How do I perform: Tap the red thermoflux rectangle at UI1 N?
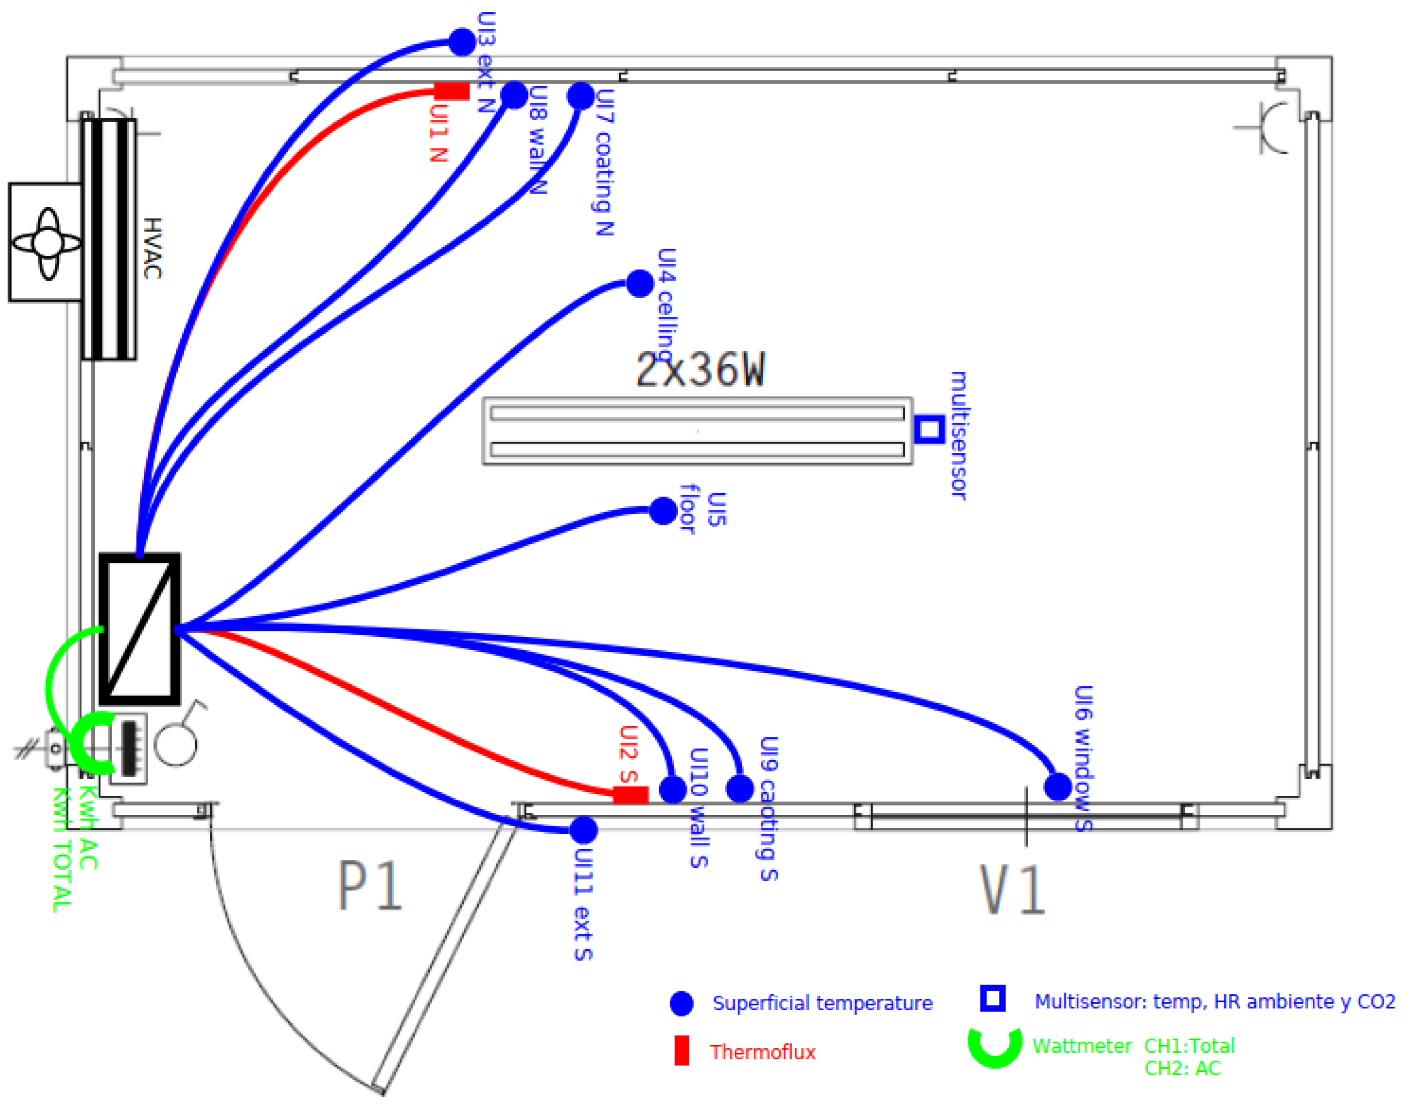[x=451, y=91]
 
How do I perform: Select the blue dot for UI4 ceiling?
[x=640, y=283]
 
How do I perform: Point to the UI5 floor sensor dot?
[x=663, y=511]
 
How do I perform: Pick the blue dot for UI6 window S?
[x=1058, y=787]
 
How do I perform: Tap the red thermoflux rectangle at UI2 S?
[x=630, y=794]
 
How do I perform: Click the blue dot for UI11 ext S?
[x=583, y=830]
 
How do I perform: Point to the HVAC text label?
[x=152, y=248]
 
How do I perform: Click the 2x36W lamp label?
[x=700, y=370]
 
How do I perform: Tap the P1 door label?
[x=370, y=885]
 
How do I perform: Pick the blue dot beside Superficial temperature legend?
[x=681, y=1003]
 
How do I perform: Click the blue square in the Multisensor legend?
[x=992, y=998]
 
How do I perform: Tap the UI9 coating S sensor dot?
[x=740, y=789]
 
